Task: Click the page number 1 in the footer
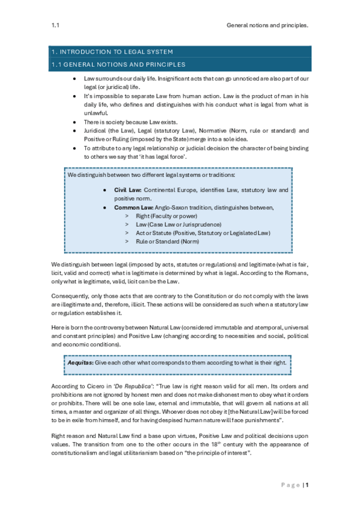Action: (x=306, y=484)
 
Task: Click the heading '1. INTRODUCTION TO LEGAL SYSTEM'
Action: (x=111, y=51)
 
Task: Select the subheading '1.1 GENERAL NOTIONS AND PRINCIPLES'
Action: (x=117, y=64)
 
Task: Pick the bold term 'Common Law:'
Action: (x=132, y=207)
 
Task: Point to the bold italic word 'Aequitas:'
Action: (x=82, y=363)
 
